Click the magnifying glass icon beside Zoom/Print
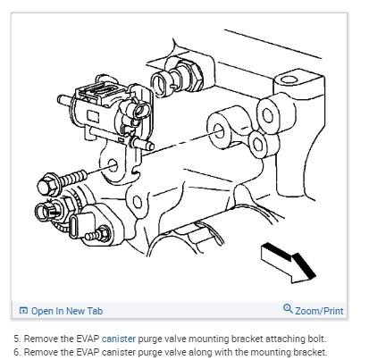click(288, 308)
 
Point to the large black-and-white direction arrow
click(289, 263)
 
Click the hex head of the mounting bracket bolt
click(46, 186)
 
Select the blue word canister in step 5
click(119, 339)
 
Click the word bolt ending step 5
click(316, 339)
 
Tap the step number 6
click(17, 352)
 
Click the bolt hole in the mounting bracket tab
click(113, 165)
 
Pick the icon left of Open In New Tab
click(23, 311)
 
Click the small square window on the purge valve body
click(93, 115)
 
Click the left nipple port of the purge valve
click(66, 99)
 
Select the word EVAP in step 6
click(88, 352)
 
